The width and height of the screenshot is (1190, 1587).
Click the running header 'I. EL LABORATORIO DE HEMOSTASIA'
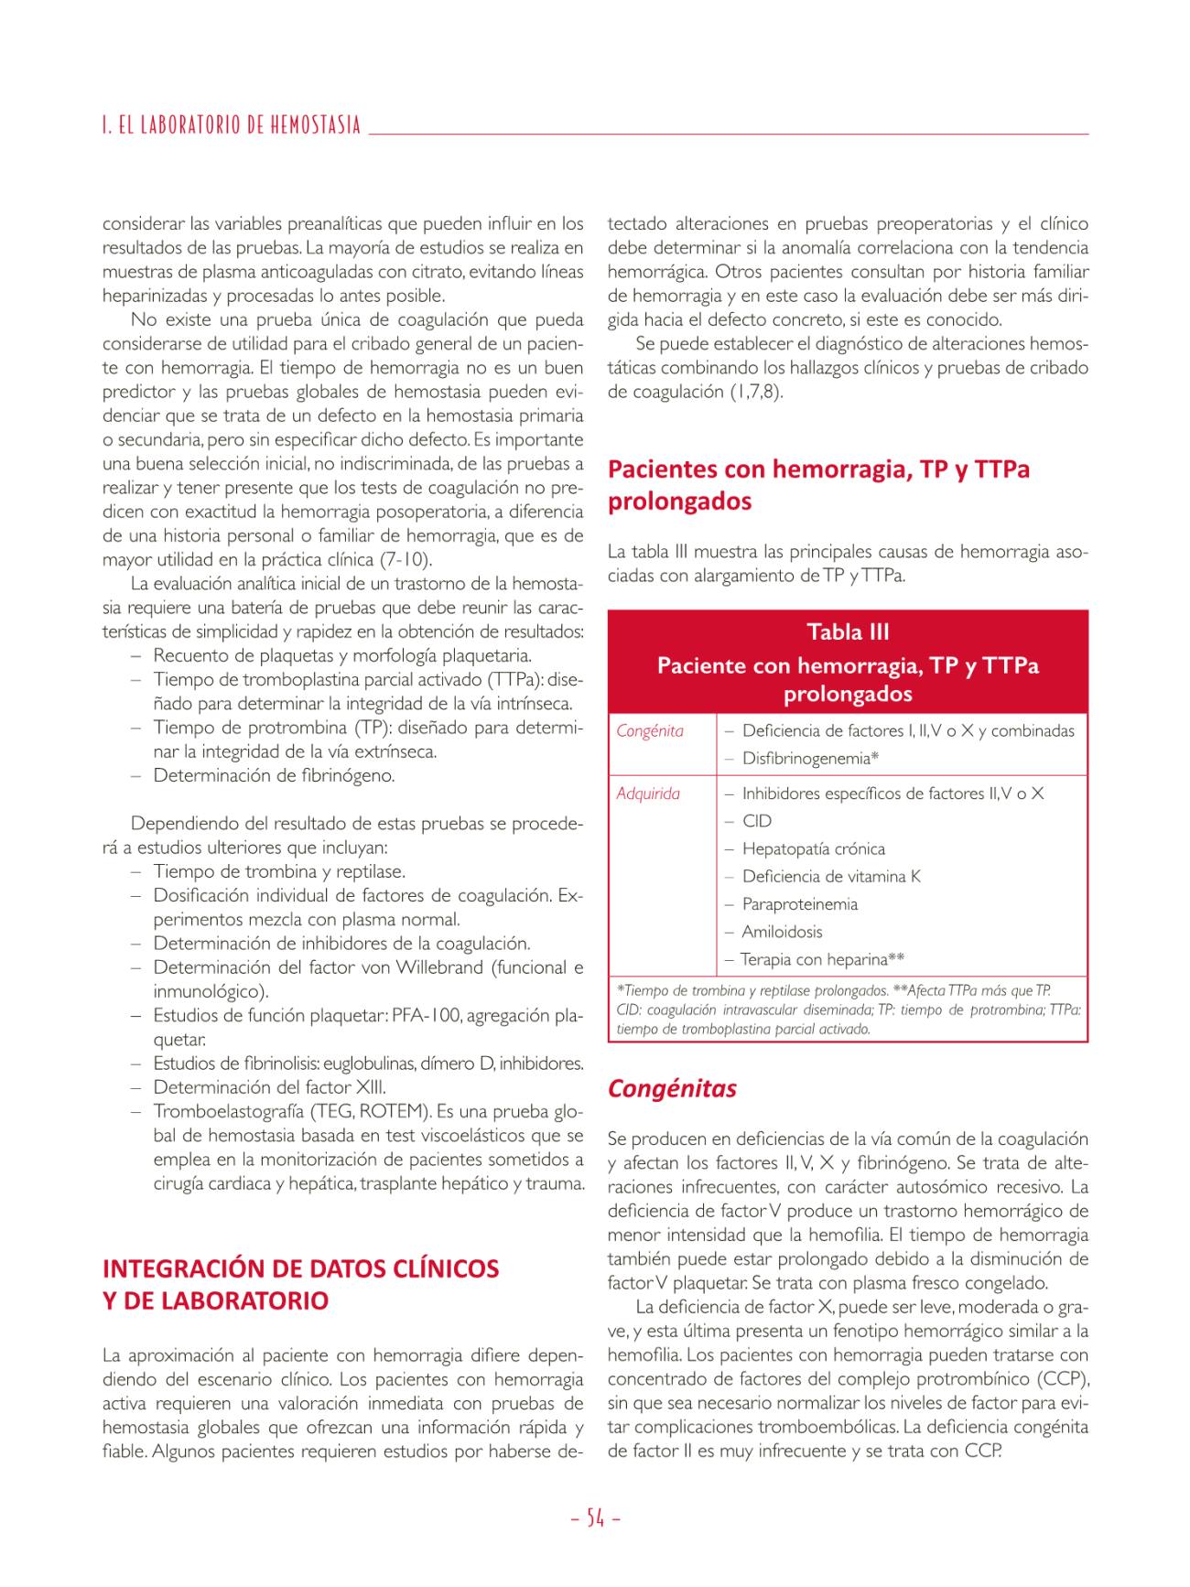[232, 125]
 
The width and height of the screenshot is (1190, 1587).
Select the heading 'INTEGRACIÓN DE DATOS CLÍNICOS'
[300, 1269]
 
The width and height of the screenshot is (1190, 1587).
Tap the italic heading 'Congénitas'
[672, 1088]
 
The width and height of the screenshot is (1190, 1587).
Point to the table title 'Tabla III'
[848, 632]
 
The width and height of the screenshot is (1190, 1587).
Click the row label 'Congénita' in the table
[650, 731]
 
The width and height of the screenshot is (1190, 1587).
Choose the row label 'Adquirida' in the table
[648, 793]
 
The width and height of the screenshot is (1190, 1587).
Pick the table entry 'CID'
[757, 821]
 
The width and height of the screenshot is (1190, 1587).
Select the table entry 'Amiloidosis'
[782, 932]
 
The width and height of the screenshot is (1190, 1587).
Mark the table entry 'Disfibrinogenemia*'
[810, 759]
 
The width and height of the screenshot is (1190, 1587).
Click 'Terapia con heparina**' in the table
[822, 959]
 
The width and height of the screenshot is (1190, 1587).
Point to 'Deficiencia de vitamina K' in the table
[831, 877]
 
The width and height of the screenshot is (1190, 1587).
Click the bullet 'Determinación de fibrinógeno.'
[274, 776]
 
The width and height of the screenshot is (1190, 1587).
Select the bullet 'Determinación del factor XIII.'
[269, 1087]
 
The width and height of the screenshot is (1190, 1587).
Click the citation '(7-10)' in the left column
[406, 559]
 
